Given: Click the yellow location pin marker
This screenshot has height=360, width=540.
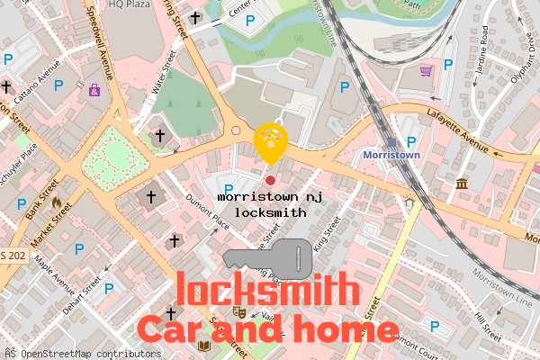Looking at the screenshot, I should [270, 142].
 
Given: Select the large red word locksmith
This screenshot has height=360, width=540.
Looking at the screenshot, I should [267, 291].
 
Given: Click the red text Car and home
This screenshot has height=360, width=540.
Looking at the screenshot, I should [267, 328].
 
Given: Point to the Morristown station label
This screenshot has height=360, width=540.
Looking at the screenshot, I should [391, 155].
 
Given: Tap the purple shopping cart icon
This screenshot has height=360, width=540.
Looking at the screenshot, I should [426, 70].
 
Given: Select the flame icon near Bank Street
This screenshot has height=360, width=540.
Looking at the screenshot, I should [57, 204].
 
